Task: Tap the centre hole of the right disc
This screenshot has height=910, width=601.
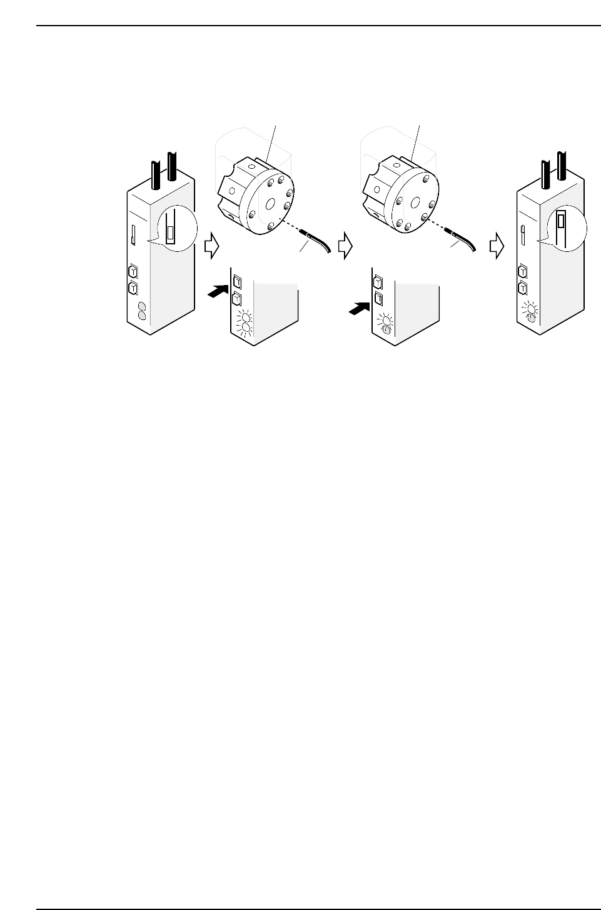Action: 413,202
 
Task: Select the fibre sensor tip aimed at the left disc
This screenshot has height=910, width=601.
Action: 309,236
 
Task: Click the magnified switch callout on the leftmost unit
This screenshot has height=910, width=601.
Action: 173,229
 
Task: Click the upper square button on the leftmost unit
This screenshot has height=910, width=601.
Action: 132,272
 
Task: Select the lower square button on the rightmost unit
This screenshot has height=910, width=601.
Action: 522,288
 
